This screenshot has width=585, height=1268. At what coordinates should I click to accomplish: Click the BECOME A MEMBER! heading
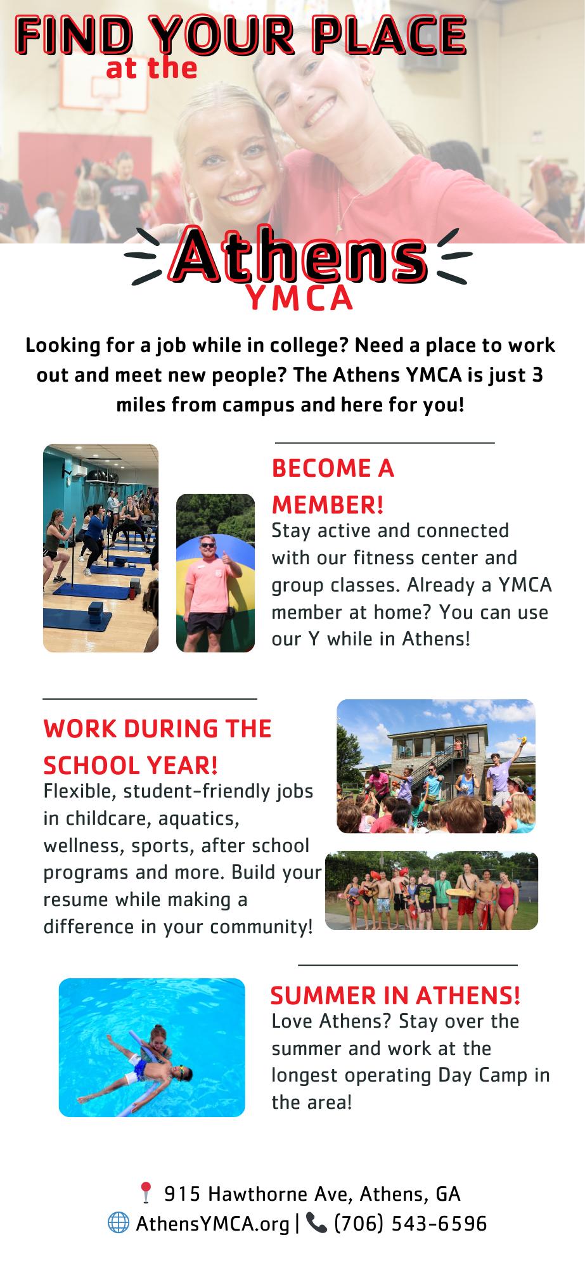(x=333, y=486)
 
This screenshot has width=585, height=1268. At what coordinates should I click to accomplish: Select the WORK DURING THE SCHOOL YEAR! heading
(x=157, y=746)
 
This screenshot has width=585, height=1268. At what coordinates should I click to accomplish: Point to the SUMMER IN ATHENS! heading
(x=395, y=995)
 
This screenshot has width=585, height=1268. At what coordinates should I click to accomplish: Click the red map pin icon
(x=146, y=1193)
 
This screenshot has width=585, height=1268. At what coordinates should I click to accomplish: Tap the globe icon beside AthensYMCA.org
(x=118, y=1223)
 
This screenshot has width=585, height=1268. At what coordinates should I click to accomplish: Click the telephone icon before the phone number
(x=316, y=1223)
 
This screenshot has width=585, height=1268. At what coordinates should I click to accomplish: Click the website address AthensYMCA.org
(x=213, y=1224)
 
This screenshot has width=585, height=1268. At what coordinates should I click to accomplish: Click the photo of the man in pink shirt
(x=215, y=573)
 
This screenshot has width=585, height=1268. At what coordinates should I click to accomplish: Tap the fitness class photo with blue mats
(x=101, y=548)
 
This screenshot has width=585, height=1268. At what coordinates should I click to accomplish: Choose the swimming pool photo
(x=151, y=1047)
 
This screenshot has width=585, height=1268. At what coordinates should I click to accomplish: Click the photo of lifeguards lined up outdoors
(x=431, y=890)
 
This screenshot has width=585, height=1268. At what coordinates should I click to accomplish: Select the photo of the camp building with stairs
(x=435, y=765)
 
